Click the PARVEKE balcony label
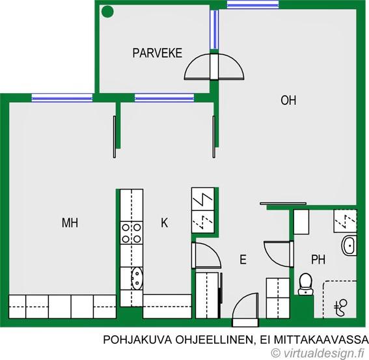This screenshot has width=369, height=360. (x=157, y=53)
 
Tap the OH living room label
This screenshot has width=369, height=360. (x=288, y=100)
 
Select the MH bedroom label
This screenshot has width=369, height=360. (x=70, y=223)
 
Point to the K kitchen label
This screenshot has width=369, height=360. (x=165, y=223)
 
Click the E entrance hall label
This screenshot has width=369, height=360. (x=243, y=260)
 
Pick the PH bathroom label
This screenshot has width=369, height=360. (x=318, y=260)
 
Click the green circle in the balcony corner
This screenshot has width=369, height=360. (x=108, y=11)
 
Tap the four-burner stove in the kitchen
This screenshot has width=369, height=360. (x=131, y=232)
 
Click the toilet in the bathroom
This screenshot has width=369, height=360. (x=305, y=282)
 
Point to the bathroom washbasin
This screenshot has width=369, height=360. (x=349, y=246)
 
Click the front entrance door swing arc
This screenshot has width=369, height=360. (x=246, y=309)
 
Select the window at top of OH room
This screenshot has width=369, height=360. (x=253, y=5)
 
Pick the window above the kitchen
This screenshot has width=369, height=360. (x=164, y=98)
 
